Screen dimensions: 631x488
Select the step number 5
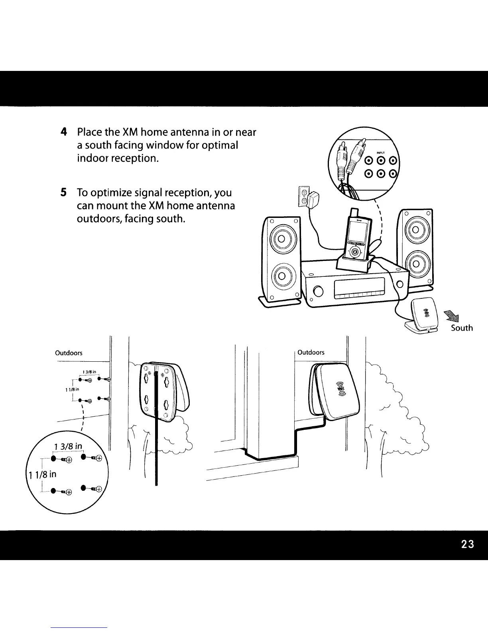[63, 193]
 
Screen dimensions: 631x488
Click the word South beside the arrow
[462, 328]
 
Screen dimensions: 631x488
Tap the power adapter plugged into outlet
[315, 197]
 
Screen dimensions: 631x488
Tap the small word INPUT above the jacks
[380, 152]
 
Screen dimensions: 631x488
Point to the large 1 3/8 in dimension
[68, 445]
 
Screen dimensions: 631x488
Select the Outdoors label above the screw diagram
[69, 353]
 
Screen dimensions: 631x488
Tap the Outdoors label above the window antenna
[311, 352]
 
